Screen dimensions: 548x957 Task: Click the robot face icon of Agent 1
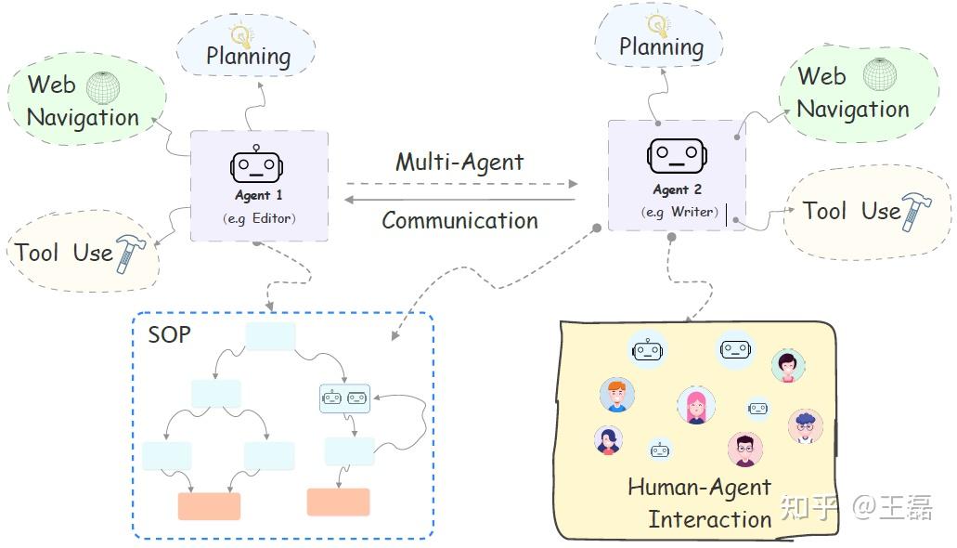pyautogui.click(x=256, y=164)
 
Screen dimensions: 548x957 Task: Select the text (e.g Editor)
pyautogui.click(x=259, y=218)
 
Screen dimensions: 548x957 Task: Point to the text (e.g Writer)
pyautogui.click(x=679, y=212)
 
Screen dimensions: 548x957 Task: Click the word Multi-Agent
pyautogui.click(x=459, y=162)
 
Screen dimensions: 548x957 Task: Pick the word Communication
pyautogui.click(x=459, y=220)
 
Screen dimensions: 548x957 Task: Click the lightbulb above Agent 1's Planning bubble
pyautogui.click(x=241, y=34)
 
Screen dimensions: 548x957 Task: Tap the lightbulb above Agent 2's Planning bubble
pyautogui.click(x=657, y=24)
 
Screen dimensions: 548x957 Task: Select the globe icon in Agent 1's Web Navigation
pyautogui.click(x=103, y=87)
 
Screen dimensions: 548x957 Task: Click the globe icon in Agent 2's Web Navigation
pyautogui.click(x=879, y=74)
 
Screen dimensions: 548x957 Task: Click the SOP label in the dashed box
pyautogui.click(x=169, y=334)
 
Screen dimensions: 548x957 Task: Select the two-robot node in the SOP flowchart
pyautogui.click(x=344, y=398)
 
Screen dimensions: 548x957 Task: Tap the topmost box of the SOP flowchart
pyautogui.click(x=269, y=337)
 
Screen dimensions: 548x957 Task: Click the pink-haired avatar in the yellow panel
pyautogui.click(x=695, y=406)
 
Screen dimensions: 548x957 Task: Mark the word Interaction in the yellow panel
pyautogui.click(x=709, y=518)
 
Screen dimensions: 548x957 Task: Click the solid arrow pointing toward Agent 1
pyautogui.click(x=459, y=199)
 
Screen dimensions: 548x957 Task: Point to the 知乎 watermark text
pyautogui.click(x=809, y=507)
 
